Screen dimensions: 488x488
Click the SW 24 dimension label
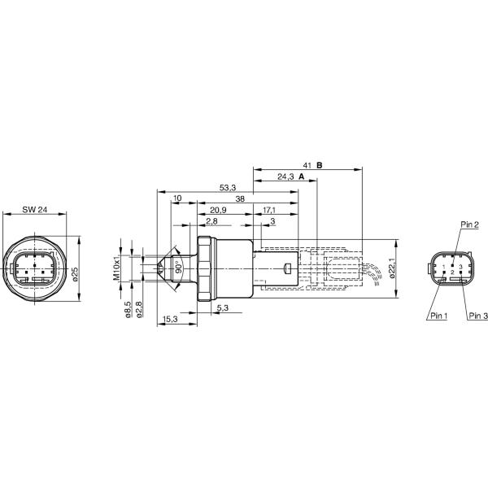[x=34, y=210]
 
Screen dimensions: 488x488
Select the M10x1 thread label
[x=116, y=268]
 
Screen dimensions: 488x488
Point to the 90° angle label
[x=178, y=268]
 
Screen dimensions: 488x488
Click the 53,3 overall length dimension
[x=228, y=188]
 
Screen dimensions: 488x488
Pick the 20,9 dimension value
[x=218, y=210]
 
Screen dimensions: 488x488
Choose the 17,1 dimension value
[x=269, y=210]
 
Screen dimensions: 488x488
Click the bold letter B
[x=320, y=166]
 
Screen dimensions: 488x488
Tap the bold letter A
[x=301, y=176]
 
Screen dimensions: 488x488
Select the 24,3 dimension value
[x=285, y=176]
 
